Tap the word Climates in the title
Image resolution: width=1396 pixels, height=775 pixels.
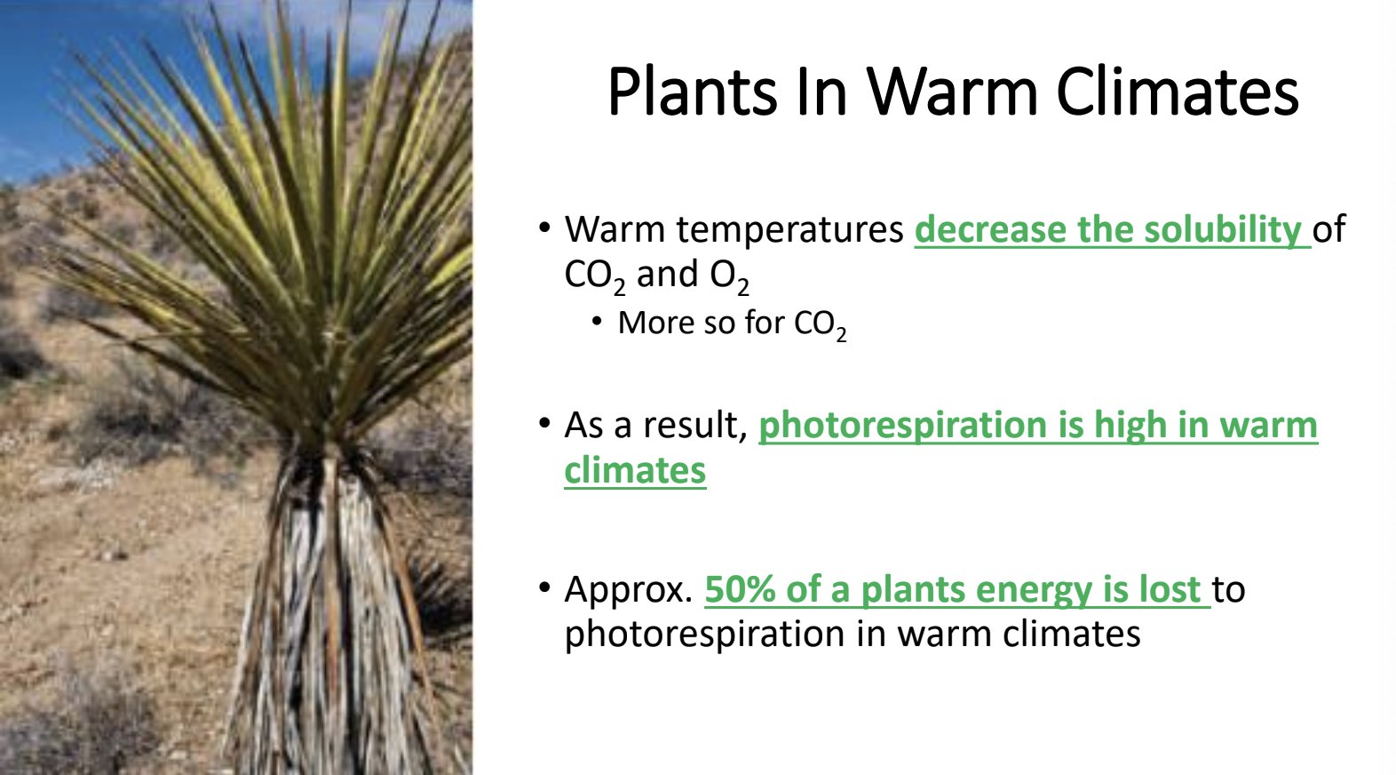point(1178,92)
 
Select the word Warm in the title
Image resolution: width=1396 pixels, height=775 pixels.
point(952,92)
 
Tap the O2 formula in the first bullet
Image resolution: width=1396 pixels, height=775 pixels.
point(729,276)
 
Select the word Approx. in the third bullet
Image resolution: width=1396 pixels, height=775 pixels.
point(628,590)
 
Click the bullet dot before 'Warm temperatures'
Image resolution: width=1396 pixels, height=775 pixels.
point(544,228)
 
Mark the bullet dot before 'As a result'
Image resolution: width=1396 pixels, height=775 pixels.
point(544,423)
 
